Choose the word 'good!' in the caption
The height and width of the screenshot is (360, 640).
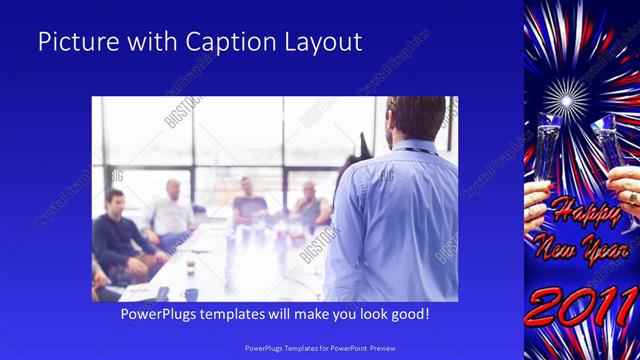[x=407, y=314]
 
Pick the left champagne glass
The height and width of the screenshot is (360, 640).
[x=547, y=150]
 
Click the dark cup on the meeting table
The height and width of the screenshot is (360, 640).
[x=163, y=293]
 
